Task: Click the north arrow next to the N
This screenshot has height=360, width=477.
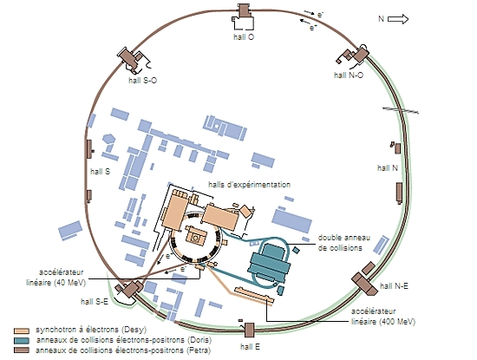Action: [x=398, y=19]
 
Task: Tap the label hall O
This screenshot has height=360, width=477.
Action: [x=244, y=37]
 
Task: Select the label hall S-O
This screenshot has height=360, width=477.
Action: [x=143, y=81]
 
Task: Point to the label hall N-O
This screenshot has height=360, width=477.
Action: [x=349, y=75]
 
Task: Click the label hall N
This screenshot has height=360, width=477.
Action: [x=388, y=168]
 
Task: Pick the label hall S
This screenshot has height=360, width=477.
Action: [x=100, y=172]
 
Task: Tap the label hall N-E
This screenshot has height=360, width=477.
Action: [x=394, y=285]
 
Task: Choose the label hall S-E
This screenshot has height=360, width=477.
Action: [x=95, y=302]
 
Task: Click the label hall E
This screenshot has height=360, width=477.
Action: [x=250, y=347]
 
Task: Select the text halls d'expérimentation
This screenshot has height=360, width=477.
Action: [x=249, y=185]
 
